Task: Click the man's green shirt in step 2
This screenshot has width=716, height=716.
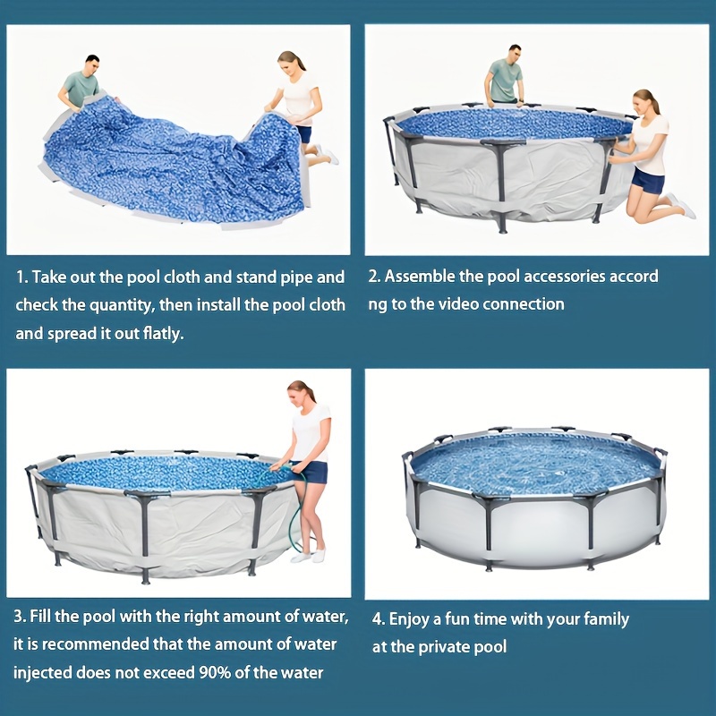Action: coord(505,80)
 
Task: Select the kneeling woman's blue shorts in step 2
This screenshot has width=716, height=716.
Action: coord(648,181)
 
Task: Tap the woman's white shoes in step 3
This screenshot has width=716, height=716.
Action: coord(309,556)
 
